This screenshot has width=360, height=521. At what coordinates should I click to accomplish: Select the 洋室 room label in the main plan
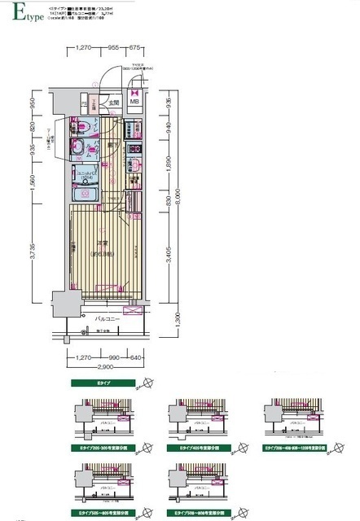(103, 243)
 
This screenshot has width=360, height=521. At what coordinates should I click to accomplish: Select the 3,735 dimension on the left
(33, 252)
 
